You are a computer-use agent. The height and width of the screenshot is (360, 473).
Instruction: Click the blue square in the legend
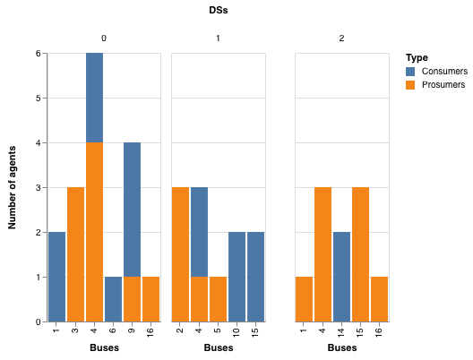click(410, 72)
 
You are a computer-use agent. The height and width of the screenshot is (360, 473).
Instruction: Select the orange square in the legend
click(410, 85)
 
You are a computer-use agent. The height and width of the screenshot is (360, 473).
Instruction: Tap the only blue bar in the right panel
click(341, 277)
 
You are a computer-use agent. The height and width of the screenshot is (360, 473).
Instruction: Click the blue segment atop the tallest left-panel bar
click(94, 98)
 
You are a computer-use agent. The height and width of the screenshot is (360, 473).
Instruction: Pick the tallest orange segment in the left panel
click(94, 232)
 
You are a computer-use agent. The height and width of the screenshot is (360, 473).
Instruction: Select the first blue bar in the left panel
click(56, 277)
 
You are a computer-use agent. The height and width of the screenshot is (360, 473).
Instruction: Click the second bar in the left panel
click(75, 254)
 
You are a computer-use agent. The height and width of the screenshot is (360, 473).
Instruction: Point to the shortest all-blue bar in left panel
click(113, 299)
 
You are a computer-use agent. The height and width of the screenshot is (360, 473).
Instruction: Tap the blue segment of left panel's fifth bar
click(132, 210)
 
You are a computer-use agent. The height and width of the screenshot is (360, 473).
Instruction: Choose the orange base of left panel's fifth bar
click(132, 299)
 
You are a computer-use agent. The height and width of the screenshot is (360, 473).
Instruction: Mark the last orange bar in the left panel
click(150, 299)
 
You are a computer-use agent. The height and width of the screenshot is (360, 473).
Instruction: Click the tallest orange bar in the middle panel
click(180, 254)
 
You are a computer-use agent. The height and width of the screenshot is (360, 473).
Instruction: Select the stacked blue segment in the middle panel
click(199, 232)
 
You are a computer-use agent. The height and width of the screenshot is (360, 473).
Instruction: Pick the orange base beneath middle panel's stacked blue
click(199, 299)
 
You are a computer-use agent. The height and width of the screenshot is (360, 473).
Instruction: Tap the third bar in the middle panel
click(218, 299)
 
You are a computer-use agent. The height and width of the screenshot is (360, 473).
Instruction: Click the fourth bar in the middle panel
click(236, 277)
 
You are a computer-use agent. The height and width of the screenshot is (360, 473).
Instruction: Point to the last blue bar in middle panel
click(255, 277)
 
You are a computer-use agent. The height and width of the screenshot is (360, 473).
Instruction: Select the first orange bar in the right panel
click(304, 299)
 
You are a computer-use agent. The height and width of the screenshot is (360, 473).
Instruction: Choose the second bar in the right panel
click(322, 254)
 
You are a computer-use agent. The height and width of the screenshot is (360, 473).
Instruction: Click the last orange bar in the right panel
click(379, 299)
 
